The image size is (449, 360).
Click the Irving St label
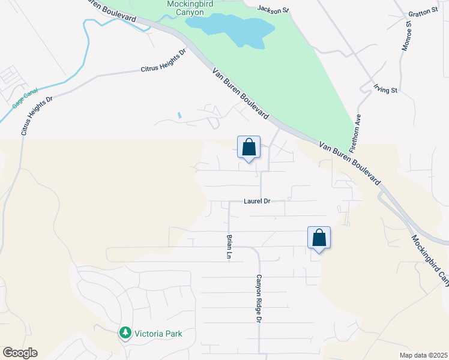[386, 89]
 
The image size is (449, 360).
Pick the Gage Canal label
[25, 98]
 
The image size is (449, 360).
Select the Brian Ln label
[229, 246]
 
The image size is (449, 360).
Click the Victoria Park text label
[158, 334]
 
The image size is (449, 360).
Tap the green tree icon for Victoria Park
[125, 332]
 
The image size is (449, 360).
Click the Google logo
[20, 353]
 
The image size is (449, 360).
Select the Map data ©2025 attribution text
[424, 355]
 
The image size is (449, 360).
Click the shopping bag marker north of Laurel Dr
[249, 147]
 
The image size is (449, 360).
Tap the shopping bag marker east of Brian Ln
[319, 238]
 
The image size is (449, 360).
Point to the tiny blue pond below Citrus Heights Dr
[179, 115]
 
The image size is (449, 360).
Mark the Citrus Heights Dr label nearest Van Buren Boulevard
[163, 61]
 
